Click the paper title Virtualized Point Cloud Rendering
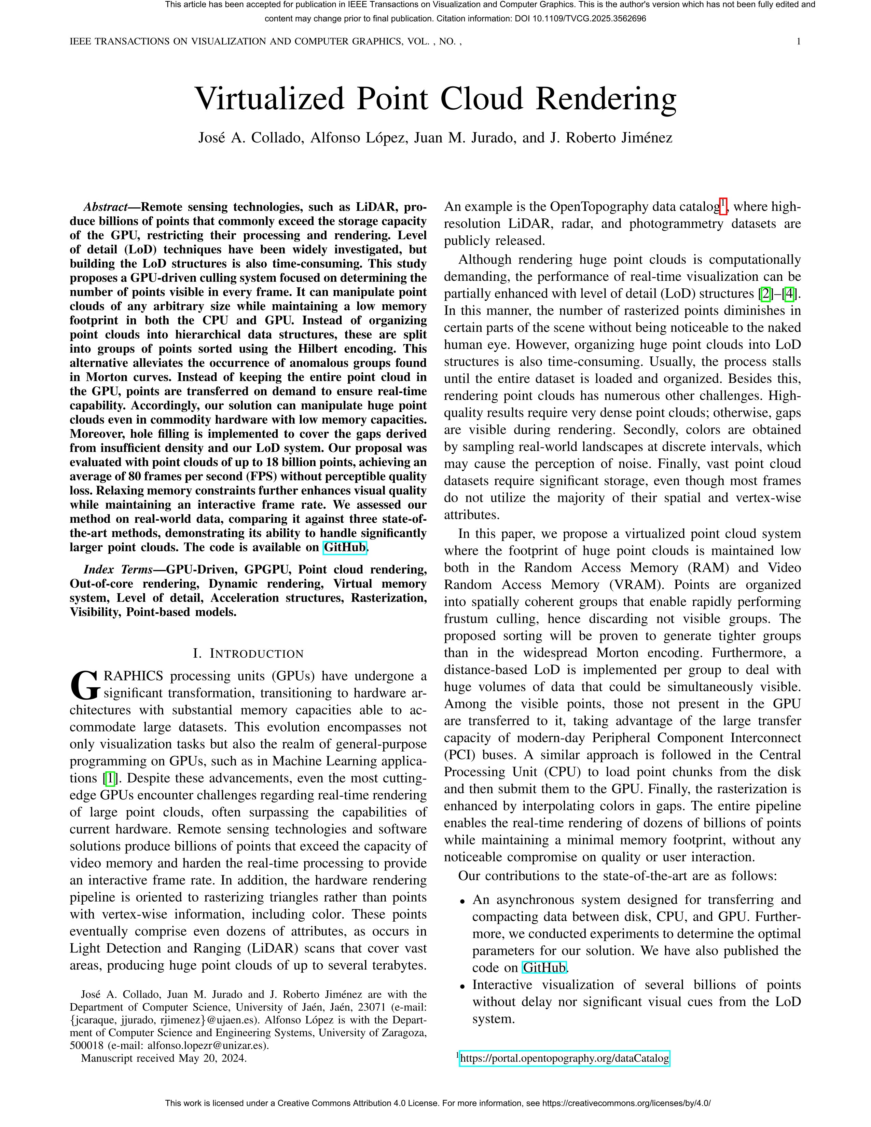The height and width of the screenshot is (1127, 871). click(435, 99)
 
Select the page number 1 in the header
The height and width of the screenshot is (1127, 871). click(798, 42)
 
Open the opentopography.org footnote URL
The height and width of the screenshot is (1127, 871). click(564, 1058)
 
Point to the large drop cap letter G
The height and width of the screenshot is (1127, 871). click(84, 684)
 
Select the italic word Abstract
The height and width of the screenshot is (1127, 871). click(105, 207)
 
